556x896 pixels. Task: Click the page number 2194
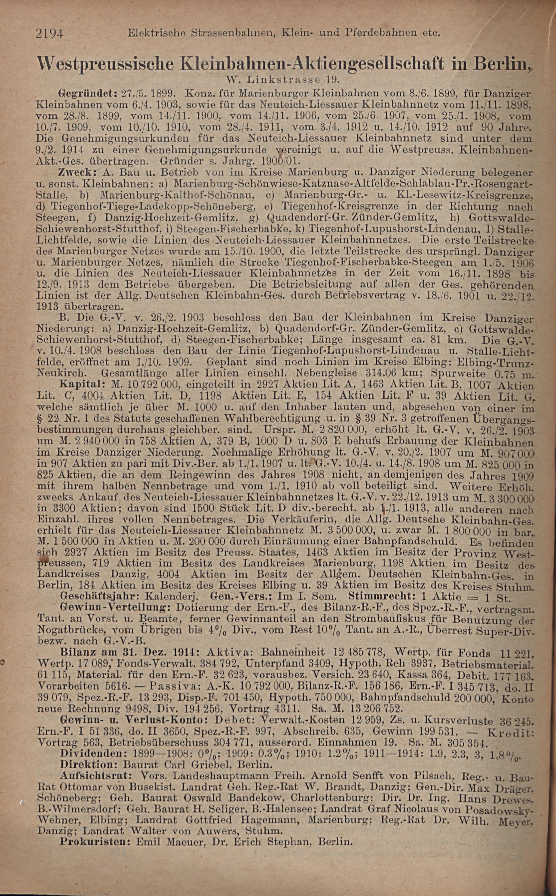pos(50,34)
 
